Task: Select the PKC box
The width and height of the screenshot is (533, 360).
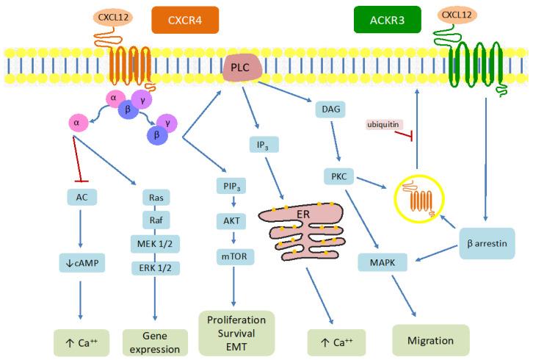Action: click(340, 176)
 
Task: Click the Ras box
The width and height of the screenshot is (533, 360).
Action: click(155, 197)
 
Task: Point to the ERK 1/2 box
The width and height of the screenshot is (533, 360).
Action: click(155, 266)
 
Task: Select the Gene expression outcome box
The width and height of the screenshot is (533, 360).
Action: click(155, 340)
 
